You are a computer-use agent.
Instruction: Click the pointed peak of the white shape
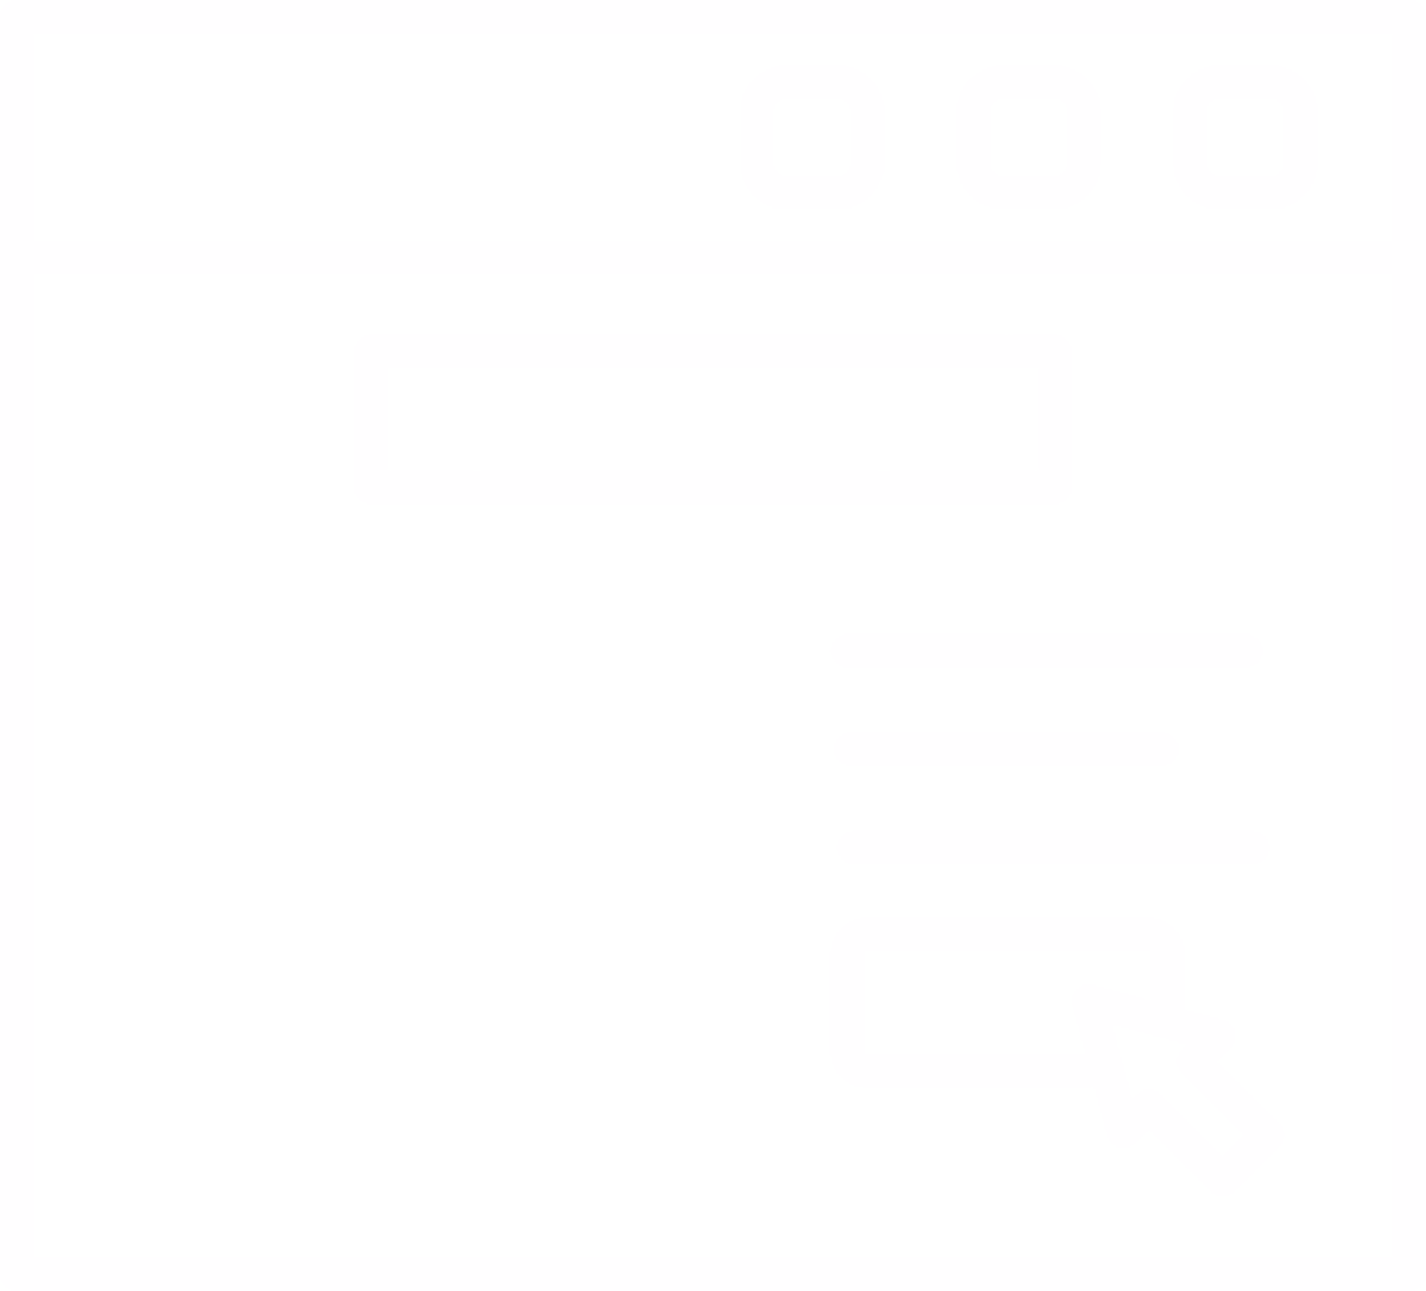191,433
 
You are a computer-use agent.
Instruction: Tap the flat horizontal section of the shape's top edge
466,550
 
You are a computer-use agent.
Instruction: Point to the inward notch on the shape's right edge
642,849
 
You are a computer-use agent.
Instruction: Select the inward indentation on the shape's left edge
145,862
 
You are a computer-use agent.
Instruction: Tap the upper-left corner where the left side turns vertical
85,595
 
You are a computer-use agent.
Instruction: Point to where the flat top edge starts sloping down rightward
556,552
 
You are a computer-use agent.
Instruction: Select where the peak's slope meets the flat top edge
371,549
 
